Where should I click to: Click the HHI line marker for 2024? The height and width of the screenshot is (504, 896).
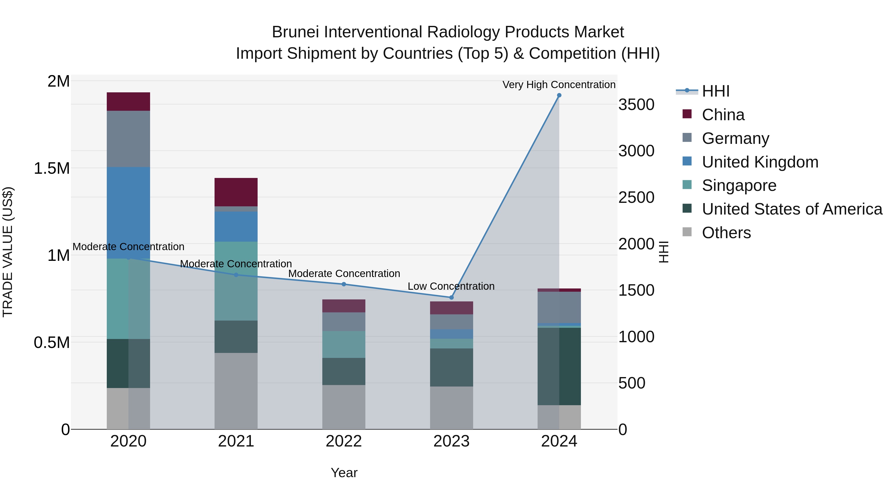tap(559, 95)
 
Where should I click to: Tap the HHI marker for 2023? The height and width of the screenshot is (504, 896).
tap(451, 297)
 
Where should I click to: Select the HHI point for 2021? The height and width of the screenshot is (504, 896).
tap(236, 275)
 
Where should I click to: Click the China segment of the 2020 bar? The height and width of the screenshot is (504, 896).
tap(128, 102)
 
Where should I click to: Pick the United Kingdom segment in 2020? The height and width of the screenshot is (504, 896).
tap(128, 212)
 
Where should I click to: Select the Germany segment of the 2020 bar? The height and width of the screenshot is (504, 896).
tap(128, 139)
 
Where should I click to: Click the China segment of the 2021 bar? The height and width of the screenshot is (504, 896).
tap(236, 192)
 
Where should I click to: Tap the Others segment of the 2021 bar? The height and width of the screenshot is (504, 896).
tap(236, 391)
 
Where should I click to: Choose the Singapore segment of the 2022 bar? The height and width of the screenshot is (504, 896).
tap(344, 344)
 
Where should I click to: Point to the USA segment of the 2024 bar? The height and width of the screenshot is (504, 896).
tap(559, 366)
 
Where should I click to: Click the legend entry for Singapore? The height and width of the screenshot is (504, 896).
tap(739, 185)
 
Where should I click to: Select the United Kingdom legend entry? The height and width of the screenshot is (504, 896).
tap(760, 162)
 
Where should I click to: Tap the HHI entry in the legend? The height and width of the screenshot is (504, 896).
tap(716, 91)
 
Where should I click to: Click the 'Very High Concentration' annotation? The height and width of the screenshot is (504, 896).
tap(559, 85)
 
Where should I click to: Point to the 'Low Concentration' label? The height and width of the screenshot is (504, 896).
tap(451, 286)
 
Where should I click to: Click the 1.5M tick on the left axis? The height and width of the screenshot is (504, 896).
tap(52, 168)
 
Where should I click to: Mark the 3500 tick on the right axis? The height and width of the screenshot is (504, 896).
tap(636, 105)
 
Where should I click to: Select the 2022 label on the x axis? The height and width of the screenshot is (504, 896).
tap(344, 441)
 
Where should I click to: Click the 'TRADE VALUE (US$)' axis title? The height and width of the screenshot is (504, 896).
tap(8, 252)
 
